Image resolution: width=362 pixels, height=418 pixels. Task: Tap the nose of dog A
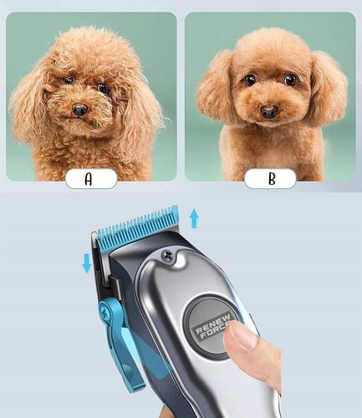coord(79,110)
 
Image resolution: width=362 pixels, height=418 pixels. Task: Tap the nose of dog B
coord(268,112)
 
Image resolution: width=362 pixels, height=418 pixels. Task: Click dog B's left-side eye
coord(250,80)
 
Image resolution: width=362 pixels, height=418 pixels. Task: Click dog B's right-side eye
coord(290,79)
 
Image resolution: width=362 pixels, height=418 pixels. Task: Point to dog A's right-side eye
coord(104,89)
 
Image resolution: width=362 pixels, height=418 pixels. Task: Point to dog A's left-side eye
coord(69,81)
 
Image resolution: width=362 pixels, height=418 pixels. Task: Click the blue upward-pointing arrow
coord(194,219)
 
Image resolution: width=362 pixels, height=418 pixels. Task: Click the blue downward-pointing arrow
coord(87,263)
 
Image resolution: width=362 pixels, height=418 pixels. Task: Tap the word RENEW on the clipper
coord(213,324)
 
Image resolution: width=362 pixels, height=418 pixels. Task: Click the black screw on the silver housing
coord(167,255)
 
